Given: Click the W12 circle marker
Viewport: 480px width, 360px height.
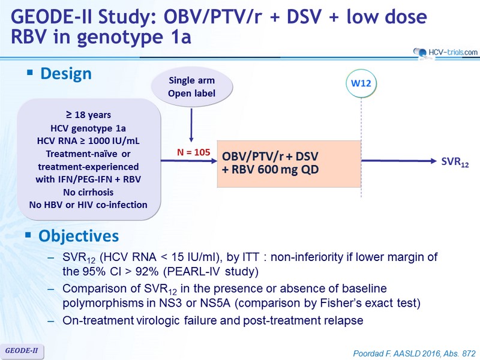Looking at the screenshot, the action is pyautogui.click(x=361, y=83).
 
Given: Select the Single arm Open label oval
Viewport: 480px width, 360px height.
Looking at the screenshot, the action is pyautogui.click(x=192, y=87).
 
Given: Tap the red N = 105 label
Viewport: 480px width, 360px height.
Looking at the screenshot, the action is pyautogui.click(x=193, y=152).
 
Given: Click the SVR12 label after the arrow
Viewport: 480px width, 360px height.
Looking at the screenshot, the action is pyautogui.click(x=455, y=162).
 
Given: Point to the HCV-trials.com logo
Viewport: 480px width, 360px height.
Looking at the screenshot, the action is pyautogui.click(x=445, y=52).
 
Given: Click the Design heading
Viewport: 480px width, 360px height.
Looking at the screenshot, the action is pyautogui.click(x=66, y=74).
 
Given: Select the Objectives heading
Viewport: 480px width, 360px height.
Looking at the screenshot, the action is pyautogui.click(x=79, y=236).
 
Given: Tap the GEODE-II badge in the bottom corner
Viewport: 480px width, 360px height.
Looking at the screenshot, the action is pyautogui.click(x=22, y=351).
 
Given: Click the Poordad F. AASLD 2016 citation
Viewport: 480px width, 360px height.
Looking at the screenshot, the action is pyautogui.click(x=415, y=353).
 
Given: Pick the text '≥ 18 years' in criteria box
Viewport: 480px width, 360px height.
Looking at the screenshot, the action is pyautogui.click(x=88, y=115).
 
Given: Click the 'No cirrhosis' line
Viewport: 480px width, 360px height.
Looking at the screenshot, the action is pyautogui.click(x=88, y=192).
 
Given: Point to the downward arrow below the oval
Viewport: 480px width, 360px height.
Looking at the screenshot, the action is pyautogui.click(x=191, y=125).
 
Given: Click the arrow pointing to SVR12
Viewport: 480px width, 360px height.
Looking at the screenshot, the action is pyautogui.click(x=399, y=161).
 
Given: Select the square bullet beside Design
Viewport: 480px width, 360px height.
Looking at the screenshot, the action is pyautogui.click(x=29, y=73).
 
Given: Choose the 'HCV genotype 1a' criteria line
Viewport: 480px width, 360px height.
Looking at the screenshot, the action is pyautogui.click(x=88, y=128).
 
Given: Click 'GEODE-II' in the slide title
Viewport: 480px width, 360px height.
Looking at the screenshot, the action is pyautogui.click(x=52, y=17).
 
